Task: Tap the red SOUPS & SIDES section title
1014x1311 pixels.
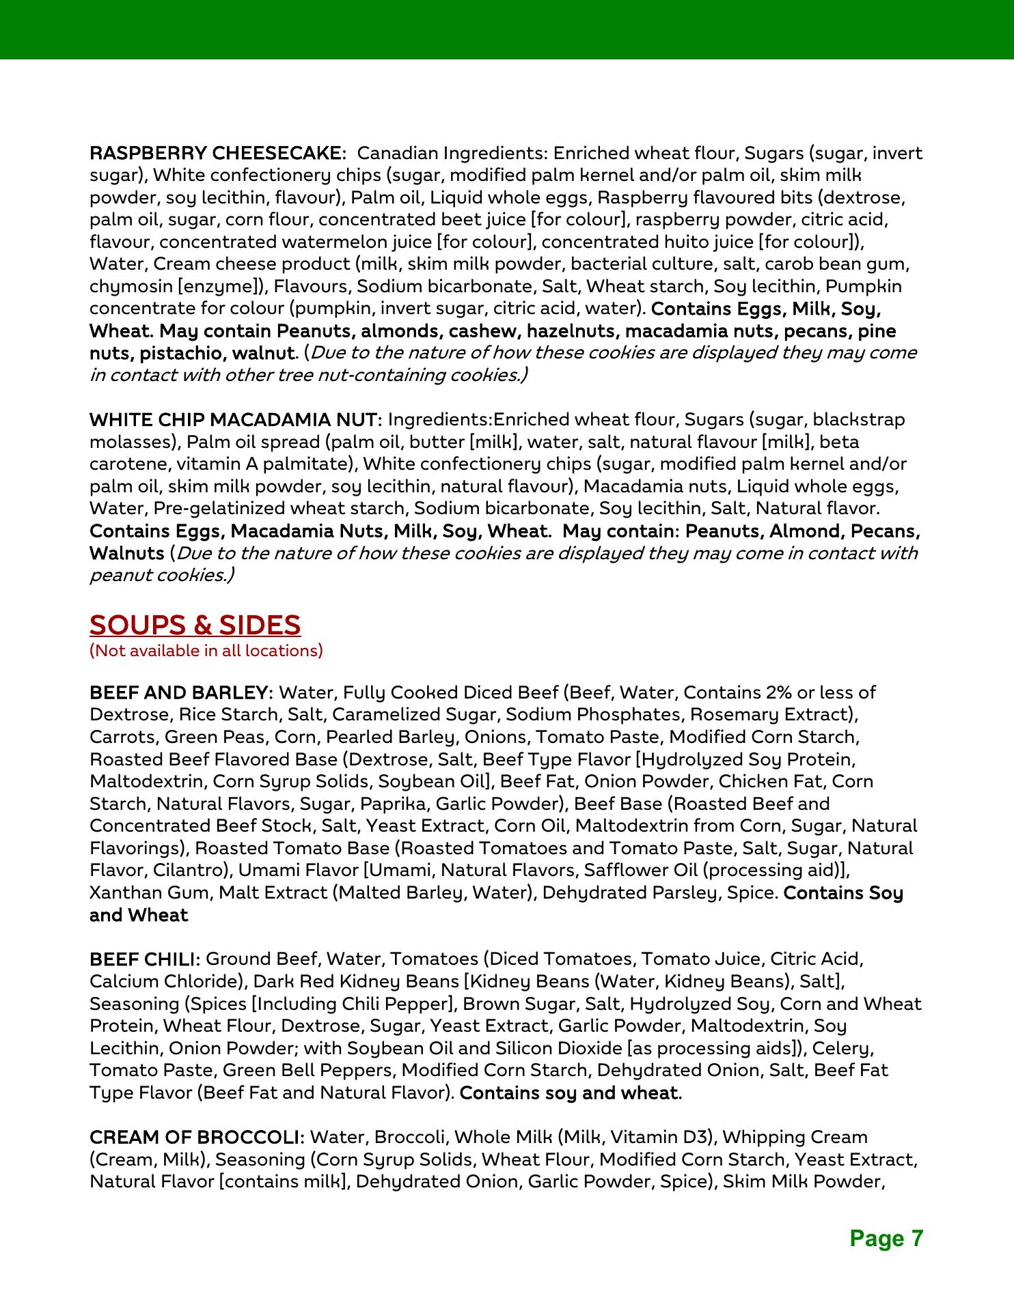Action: click(x=195, y=625)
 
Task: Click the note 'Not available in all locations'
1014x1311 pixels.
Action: click(x=206, y=650)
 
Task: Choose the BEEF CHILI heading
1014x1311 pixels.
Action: click(x=144, y=959)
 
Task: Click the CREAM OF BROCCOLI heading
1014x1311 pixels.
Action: click(x=196, y=1137)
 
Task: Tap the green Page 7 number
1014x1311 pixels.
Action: click(x=886, y=1238)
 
